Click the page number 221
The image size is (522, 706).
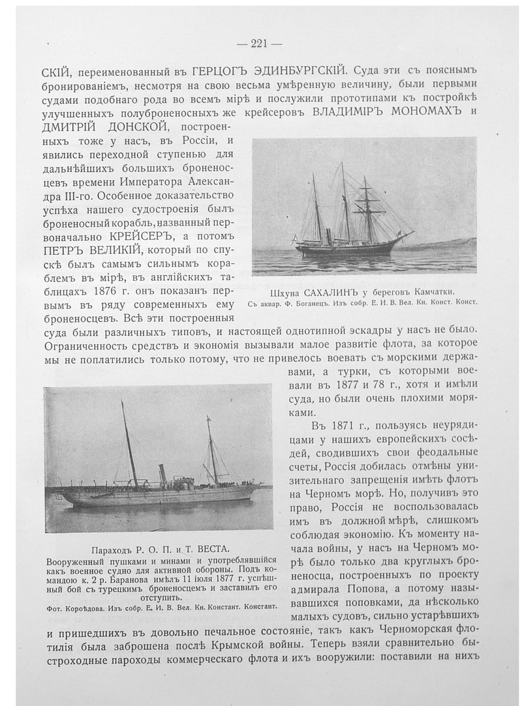259,44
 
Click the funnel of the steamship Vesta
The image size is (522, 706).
162,473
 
